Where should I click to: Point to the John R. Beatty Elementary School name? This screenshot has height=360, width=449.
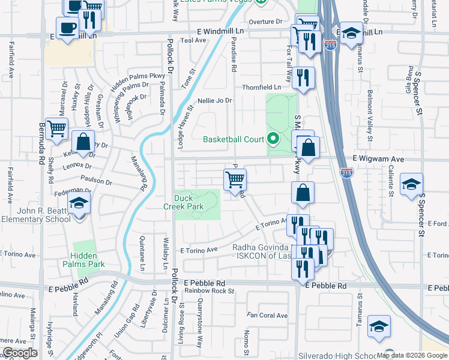36,215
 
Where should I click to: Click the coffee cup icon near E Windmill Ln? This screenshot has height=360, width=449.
67,27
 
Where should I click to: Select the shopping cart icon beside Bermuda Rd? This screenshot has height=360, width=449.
56,127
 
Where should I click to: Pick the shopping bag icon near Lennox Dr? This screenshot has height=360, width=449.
83,142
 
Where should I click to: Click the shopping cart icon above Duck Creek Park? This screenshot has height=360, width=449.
235,178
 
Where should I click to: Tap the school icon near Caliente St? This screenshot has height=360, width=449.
411,184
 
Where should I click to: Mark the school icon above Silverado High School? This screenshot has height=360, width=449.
379,326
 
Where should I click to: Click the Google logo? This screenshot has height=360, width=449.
20,353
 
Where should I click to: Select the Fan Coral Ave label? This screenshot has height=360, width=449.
268,315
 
